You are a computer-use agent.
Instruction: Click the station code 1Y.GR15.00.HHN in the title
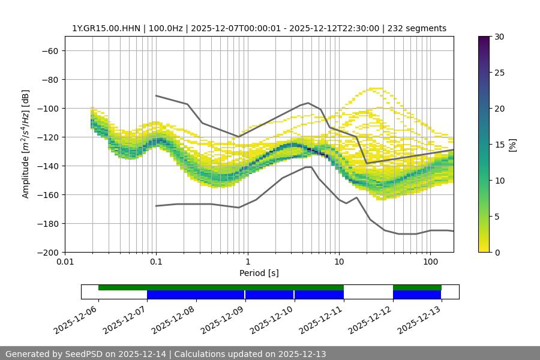tap(104, 28)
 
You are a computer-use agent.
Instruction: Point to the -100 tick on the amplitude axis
tap(49, 109)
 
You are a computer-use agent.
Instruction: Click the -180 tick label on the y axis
tap(49, 224)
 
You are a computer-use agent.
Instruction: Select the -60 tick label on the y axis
tap(50, 51)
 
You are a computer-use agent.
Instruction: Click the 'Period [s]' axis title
tap(259, 273)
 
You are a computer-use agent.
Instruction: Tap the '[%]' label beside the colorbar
tap(512, 145)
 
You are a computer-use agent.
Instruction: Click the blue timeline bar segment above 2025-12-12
tap(417, 295)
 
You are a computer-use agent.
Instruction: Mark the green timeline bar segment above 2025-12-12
tap(417, 287)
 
